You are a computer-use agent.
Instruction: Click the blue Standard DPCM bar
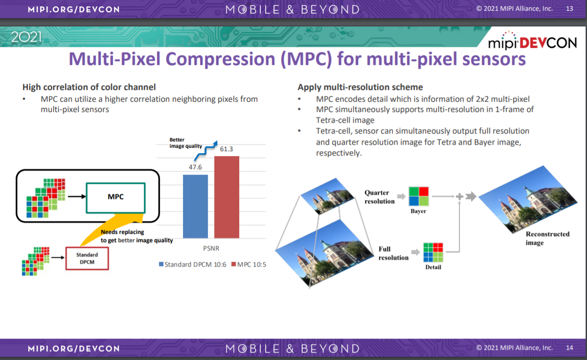(x=195, y=206)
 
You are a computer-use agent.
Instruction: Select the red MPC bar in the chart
(x=226, y=197)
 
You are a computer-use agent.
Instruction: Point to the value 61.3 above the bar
(x=226, y=149)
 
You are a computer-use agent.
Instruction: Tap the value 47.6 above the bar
(x=195, y=167)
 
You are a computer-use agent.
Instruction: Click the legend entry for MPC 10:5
(x=248, y=264)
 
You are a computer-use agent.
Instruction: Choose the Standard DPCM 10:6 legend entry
(x=193, y=264)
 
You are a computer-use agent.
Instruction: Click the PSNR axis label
(x=211, y=248)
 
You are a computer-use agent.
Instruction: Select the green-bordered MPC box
(x=115, y=198)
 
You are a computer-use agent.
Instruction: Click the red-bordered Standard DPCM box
(x=87, y=258)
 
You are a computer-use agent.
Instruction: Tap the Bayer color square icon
(x=419, y=196)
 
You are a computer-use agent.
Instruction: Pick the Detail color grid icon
(x=433, y=252)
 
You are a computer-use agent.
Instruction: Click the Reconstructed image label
(x=547, y=238)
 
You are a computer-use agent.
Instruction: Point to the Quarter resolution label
(x=380, y=197)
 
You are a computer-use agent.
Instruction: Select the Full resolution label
(x=393, y=253)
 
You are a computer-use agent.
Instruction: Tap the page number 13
(x=569, y=9)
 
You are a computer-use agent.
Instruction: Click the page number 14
(x=569, y=348)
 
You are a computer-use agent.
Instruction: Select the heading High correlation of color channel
(x=89, y=87)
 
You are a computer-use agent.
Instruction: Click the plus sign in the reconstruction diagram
(x=459, y=196)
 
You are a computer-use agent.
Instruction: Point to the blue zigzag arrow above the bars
(x=206, y=151)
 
